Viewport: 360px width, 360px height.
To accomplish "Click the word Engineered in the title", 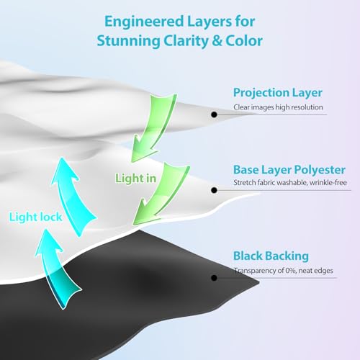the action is tap(144, 22).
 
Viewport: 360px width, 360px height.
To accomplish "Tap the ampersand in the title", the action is tap(217, 41).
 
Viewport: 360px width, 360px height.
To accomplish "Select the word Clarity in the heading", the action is tap(186, 41).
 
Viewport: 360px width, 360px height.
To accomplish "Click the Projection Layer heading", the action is tap(278, 93).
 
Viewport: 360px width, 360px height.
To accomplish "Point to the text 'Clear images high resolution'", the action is tap(278, 107).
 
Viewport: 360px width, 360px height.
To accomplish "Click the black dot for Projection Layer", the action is tap(214, 114).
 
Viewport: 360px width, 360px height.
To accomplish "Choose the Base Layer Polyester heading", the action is tap(289, 170).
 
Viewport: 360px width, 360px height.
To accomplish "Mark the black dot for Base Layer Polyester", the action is tap(214, 190).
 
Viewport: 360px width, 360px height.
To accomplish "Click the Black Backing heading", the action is tap(271, 256).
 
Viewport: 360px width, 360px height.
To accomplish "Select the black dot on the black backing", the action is tap(214, 278).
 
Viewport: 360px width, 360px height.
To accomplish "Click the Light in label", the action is tap(135, 179).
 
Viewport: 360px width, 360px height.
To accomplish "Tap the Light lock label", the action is tap(35, 217).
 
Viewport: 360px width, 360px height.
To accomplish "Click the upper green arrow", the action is tap(158, 125).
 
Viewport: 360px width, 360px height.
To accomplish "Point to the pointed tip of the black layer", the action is tap(259, 282).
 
